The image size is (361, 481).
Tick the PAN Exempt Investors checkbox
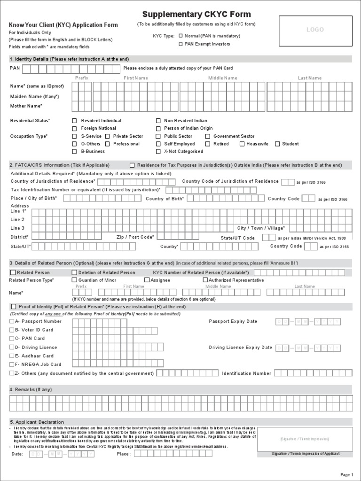pos(180,44)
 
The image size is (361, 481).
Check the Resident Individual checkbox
pos(74,121)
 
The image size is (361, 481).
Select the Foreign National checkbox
pos(74,128)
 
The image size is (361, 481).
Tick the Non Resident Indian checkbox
pos(158,121)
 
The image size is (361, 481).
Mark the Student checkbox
pos(277,144)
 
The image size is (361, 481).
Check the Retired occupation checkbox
pos(207,144)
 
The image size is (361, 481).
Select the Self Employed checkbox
pos(158,144)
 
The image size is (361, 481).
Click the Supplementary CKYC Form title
pos(196,15)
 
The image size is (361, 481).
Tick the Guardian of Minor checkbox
pos(74,280)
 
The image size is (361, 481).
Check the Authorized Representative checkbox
pos(205,280)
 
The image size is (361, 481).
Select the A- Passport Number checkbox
pos(12,321)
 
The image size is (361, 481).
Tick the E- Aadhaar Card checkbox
pos(12,356)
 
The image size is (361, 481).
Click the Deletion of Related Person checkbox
pos(74,272)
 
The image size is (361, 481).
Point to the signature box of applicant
pos(305,439)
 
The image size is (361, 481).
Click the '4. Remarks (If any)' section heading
pos(31,389)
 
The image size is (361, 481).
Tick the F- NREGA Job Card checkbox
pos(12,364)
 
